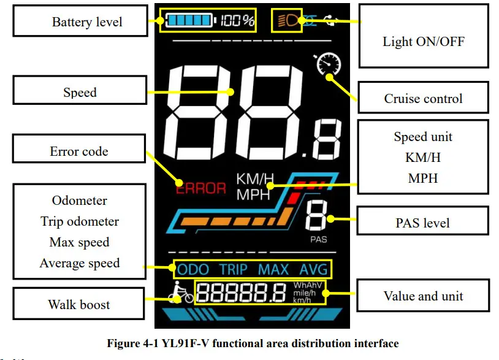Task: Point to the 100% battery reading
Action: (x=238, y=21)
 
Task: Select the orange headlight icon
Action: (x=287, y=20)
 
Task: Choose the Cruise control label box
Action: (x=423, y=98)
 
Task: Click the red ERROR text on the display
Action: (x=201, y=188)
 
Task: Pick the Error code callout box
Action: (x=79, y=151)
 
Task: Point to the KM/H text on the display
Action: (x=255, y=179)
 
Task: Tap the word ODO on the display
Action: (x=192, y=269)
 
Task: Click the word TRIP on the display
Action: (x=234, y=269)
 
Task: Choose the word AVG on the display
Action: (x=314, y=269)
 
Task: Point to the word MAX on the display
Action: (x=273, y=269)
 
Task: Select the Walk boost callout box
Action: (x=79, y=304)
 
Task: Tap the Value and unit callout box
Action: (x=423, y=296)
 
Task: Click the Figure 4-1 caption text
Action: (x=253, y=343)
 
